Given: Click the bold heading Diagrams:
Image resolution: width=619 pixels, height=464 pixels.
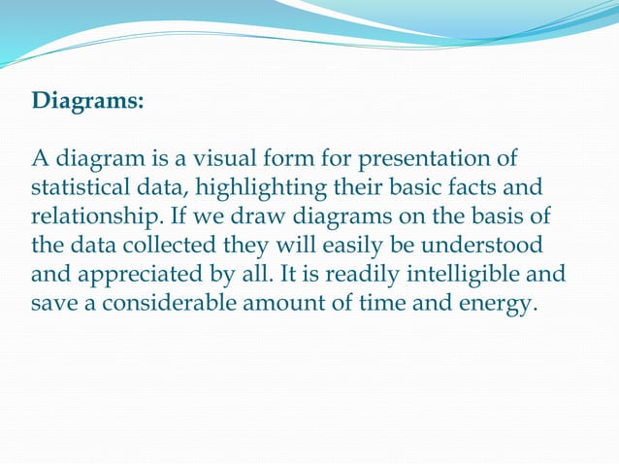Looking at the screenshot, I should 88,101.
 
